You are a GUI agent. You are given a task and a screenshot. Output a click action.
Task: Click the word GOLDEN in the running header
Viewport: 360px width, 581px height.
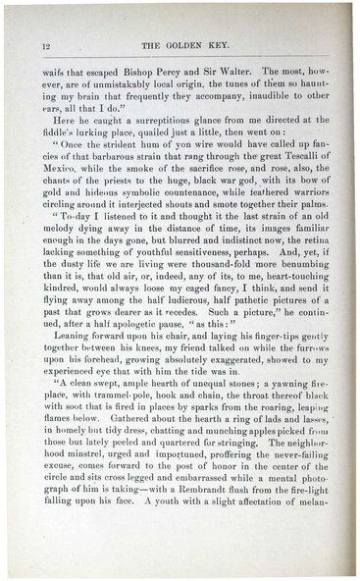tap(180, 46)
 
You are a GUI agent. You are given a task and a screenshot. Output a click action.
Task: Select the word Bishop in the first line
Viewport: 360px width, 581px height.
tap(145, 72)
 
